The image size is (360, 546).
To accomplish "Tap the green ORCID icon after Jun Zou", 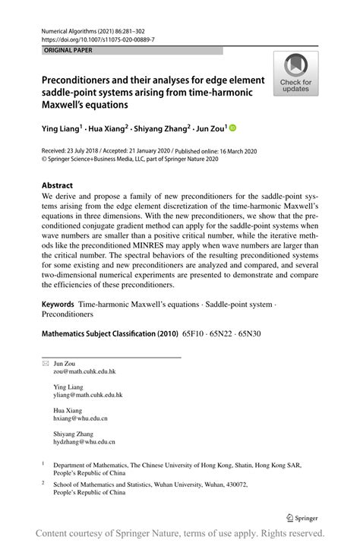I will (232, 129).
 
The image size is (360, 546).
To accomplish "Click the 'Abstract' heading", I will (58, 185).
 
